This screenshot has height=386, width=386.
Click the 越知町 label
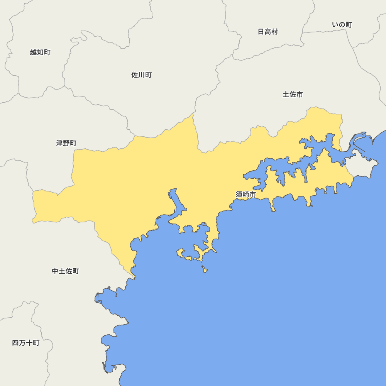click(40, 52)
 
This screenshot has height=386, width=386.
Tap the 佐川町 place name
click(141, 75)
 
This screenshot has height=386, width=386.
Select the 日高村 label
click(267, 32)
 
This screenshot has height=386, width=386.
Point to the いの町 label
click(342, 25)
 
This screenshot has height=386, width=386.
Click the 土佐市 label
click(293, 94)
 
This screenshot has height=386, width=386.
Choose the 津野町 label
click(66, 143)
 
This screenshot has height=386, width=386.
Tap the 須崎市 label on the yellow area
click(245, 195)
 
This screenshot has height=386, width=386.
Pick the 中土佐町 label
click(65, 271)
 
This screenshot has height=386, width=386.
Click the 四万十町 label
click(25, 343)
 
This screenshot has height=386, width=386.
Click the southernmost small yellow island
click(205, 269)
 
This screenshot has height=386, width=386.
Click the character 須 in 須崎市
click(239, 195)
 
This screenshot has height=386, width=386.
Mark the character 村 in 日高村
click(274, 32)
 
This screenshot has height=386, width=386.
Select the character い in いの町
click(335, 25)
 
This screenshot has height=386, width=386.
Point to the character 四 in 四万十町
click(15, 343)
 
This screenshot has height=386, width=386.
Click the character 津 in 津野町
click(59, 143)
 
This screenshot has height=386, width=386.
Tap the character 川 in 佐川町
click(141, 75)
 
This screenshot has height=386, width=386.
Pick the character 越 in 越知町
click(33, 52)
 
